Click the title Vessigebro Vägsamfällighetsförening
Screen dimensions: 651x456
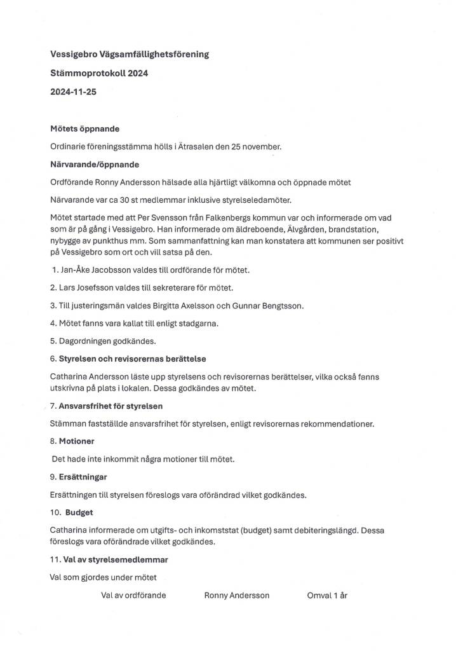click(x=130, y=55)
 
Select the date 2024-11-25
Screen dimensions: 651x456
click(x=74, y=92)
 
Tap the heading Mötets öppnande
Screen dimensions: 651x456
click(x=84, y=128)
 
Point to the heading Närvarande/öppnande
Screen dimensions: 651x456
click(x=95, y=164)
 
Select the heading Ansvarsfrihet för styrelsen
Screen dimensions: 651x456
click(x=111, y=406)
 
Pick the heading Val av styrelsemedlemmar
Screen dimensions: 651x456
click(x=116, y=560)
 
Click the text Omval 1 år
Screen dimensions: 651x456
click(x=327, y=596)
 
